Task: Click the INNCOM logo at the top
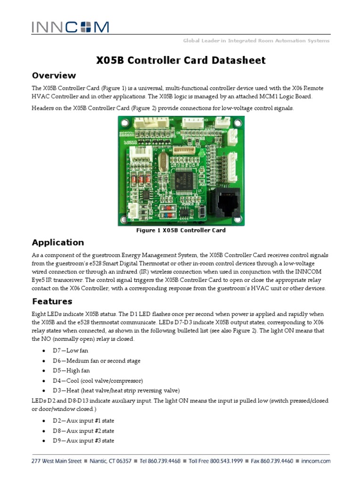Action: pyautogui.click(x=70, y=27)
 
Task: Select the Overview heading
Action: pyautogui.click(x=54, y=76)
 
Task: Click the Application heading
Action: pyautogui.click(x=58, y=243)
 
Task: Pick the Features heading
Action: pyautogui.click(x=52, y=302)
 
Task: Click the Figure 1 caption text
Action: pyautogui.click(x=181, y=231)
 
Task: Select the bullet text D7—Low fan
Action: pyautogui.click(x=71, y=351)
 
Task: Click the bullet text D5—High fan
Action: pyautogui.click(x=71, y=371)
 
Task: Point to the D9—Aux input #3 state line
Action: pyautogui.click(x=83, y=441)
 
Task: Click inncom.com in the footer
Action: pyautogui.click(x=315, y=461)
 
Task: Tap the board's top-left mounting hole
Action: pyautogui.click(x=123, y=123)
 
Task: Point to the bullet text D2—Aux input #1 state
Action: pyautogui.click(x=83, y=421)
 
